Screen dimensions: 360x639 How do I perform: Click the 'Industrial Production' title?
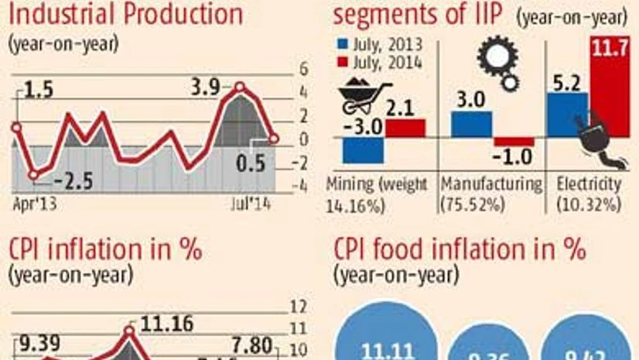pyautogui.click(x=124, y=13)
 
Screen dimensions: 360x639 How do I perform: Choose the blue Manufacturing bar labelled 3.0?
pyautogui.click(x=471, y=124)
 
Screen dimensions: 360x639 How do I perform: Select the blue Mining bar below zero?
pyautogui.click(x=363, y=150)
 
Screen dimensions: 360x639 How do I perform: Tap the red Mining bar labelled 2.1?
pyautogui.click(x=405, y=129)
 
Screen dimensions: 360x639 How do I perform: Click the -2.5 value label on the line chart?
pyautogui.click(x=73, y=183)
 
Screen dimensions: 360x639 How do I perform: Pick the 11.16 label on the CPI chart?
pyautogui.click(x=164, y=323)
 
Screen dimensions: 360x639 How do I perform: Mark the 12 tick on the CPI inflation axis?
pyautogui.click(x=299, y=304)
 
